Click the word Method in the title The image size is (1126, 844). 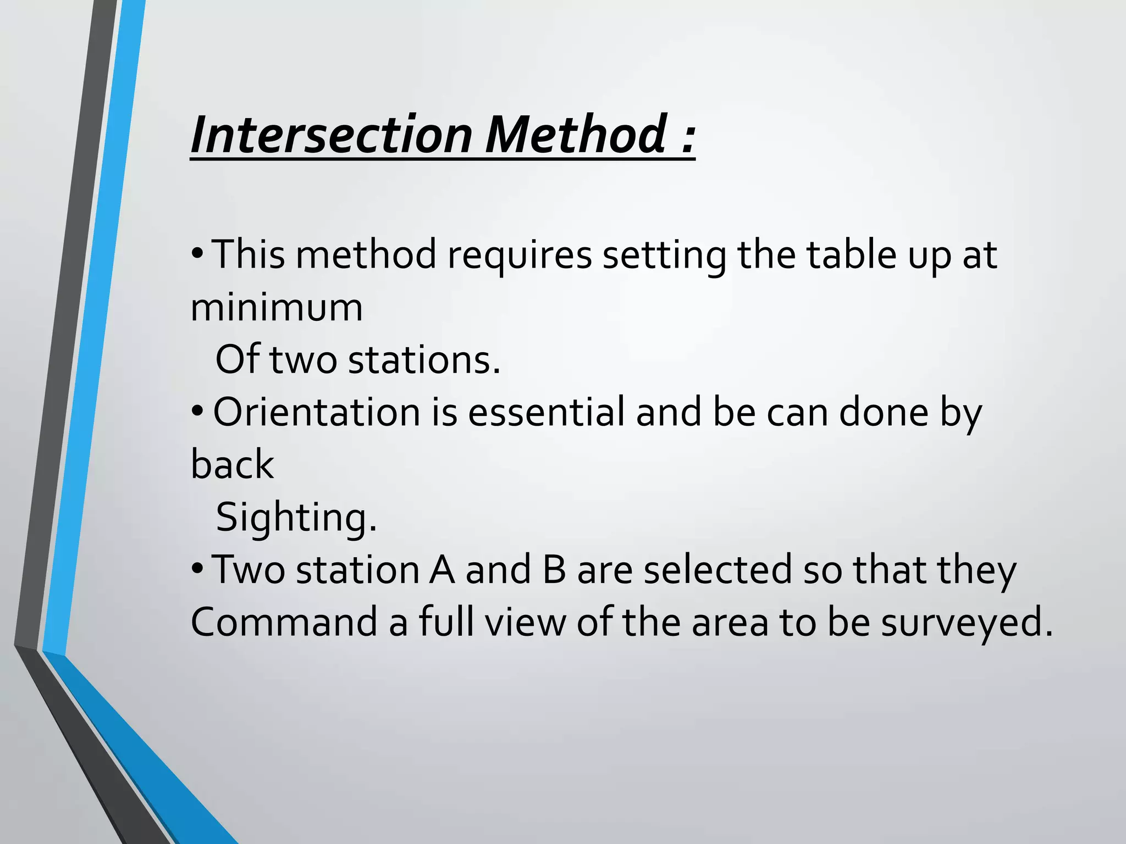[575, 134]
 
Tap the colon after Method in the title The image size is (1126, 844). [687, 137]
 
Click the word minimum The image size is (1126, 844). [277, 308]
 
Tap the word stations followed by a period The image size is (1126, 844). [424, 360]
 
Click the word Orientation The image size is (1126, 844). [317, 412]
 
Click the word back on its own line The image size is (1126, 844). [232, 465]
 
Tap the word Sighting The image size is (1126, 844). [296, 518]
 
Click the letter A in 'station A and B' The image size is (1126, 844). [442, 570]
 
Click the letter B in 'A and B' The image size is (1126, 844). [554, 570]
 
